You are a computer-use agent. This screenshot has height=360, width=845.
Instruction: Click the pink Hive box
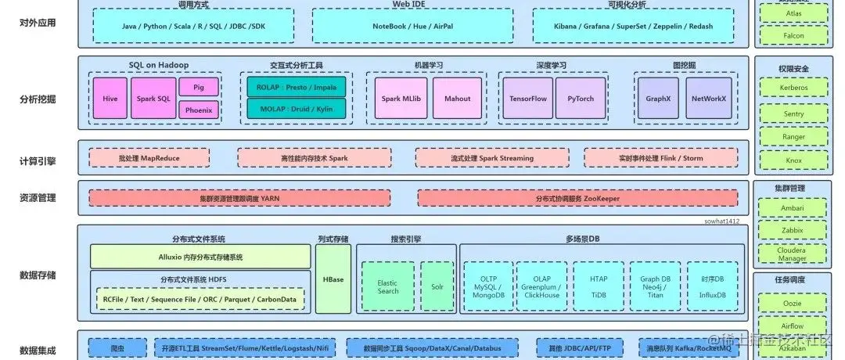tap(110, 99)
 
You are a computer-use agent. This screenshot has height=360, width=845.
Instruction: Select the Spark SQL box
tap(153, 99)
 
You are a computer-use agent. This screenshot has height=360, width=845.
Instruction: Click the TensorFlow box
tap(527, 99)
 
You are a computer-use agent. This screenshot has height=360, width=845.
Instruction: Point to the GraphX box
tap(658, 99)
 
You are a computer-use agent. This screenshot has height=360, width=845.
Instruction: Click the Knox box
tap(793, 160)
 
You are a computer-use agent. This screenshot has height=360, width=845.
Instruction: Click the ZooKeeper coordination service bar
tap(577, 199)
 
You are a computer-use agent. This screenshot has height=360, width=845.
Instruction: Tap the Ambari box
tap(793, 209)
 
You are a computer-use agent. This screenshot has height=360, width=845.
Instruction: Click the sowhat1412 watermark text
tap(722, 222)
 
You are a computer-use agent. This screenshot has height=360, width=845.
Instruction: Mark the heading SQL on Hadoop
tap(159, 65)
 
